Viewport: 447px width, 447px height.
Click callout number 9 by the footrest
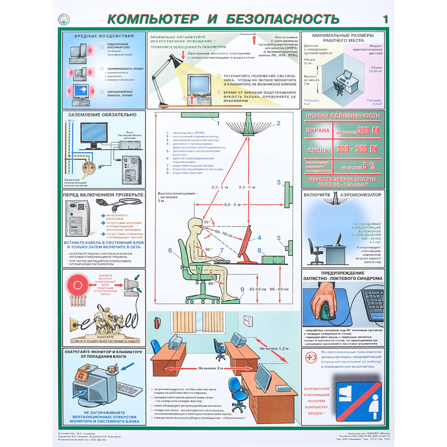242,289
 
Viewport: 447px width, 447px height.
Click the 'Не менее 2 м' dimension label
213,369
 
